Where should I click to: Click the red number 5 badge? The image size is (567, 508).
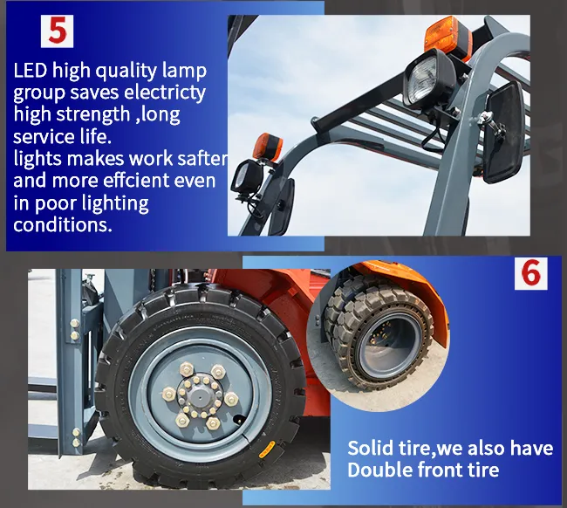tap(57, 31)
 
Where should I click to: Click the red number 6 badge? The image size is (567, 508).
tap(531, 273)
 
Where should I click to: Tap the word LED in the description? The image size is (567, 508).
tap(31, 70)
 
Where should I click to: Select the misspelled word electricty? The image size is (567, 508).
tap(165, 92)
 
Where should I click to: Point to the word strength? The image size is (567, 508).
tap(93, 113)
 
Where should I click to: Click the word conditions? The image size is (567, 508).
tap(63, 224)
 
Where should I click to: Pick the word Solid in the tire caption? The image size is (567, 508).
tap(370, 448)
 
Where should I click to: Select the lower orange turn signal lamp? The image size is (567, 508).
tap(268, 148)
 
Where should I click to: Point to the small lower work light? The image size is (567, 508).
tap(247, 177)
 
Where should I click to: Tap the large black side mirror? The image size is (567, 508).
tap(503, 132)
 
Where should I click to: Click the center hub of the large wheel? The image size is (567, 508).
tap(200, 395)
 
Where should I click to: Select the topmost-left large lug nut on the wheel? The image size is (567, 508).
tap(187, 369)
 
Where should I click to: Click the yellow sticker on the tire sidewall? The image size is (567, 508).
tap(268, 450)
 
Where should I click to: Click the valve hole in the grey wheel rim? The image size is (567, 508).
tap(237, 419)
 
